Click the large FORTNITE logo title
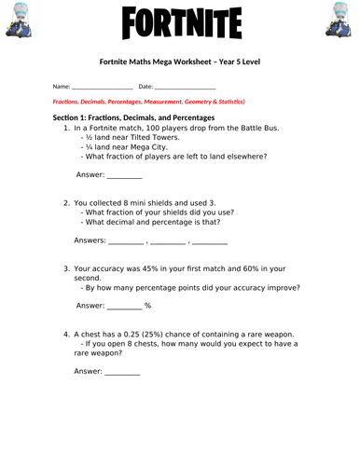(180, 21)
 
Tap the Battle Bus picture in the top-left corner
(21, 21)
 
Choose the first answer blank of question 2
(126, 240)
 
